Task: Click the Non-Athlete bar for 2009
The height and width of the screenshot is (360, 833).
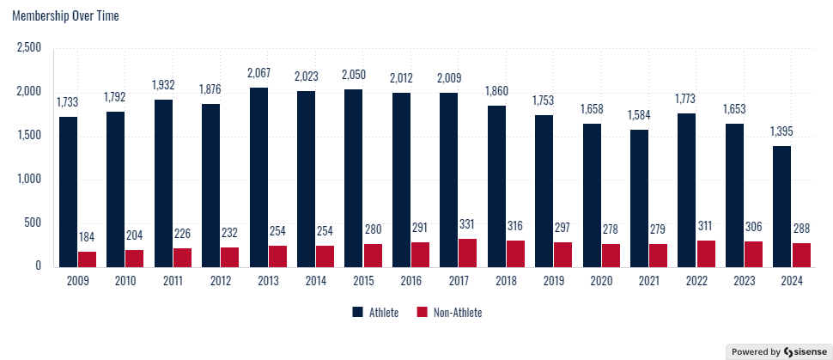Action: click(x=87, y=259)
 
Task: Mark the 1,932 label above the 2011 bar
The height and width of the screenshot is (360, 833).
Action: click(x=162, y=87)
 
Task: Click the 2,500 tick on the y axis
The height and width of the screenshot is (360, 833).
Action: click(x=29, y=47)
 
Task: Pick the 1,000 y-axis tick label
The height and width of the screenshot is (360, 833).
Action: click(x=29, y=179)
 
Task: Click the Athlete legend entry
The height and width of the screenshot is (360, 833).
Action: click(x=374, y=313)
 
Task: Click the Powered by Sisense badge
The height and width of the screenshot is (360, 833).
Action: click(x=777, y=351)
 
